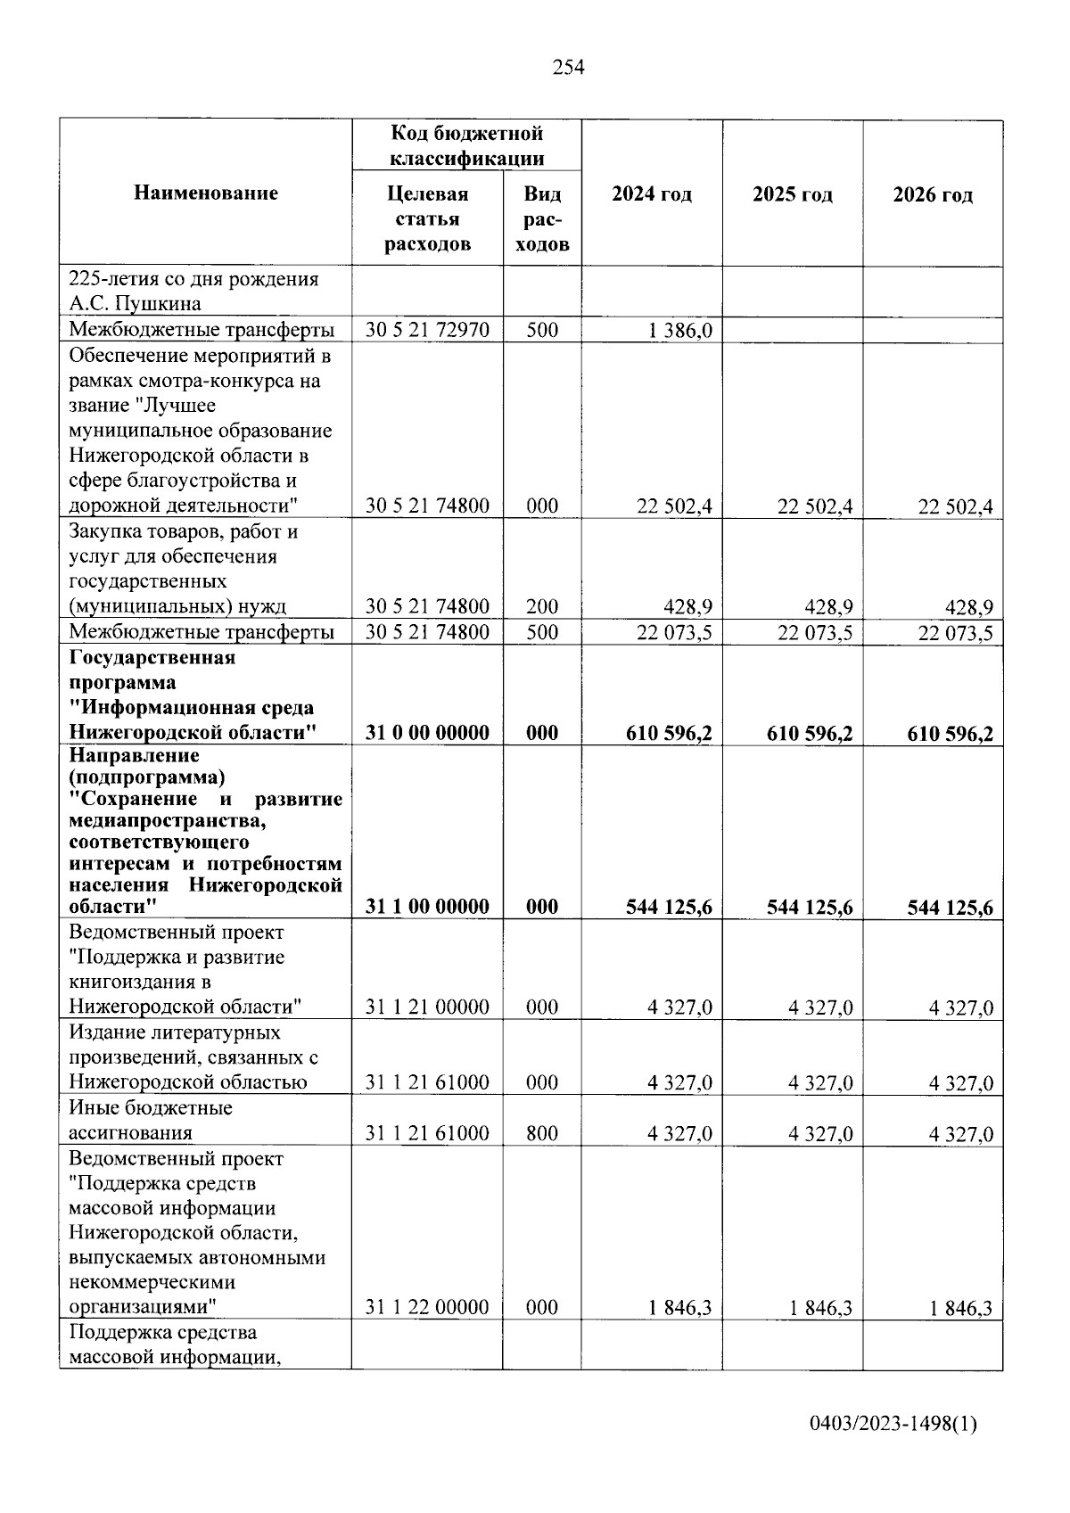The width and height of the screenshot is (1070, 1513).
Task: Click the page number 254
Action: pos(569,67)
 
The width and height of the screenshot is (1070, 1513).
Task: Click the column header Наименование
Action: pos(206,193)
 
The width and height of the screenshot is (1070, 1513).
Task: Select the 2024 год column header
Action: pos(651,194)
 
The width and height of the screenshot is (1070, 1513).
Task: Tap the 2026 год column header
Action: pos(933,194)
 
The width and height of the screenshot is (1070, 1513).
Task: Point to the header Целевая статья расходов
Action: pos(427,219)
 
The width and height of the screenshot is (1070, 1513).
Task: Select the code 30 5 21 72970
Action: pos(427,330)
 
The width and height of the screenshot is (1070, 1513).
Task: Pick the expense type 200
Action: pos(541,607)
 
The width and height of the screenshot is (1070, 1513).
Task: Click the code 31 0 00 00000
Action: pos(427,733)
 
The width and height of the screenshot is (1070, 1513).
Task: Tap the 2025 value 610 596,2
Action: pos(810,734)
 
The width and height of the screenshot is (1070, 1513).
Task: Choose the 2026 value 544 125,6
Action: pos(950,908)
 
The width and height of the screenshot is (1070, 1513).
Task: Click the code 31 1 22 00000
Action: pos(427,1308)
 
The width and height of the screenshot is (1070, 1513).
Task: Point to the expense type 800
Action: pos(541,1133)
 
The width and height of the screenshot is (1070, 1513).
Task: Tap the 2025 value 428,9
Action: pos(828,608)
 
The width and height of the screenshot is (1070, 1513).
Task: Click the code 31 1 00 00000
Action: pos(427,907)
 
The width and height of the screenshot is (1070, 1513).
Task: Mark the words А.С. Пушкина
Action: pos(135,304)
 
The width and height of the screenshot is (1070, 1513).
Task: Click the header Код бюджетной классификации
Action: pos(466,145)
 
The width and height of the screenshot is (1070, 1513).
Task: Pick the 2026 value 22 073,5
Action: pos(956,634)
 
